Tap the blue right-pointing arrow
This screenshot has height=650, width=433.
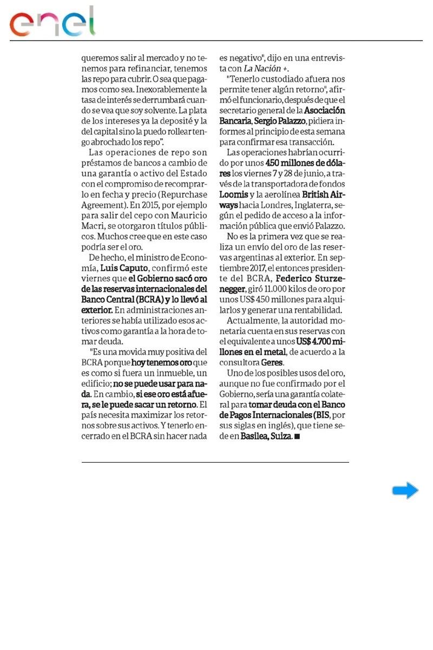pyautogui.click(x=405, y=491)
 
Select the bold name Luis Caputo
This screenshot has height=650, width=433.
pyautogui.click(x=124, y=268)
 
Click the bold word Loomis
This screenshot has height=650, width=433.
pyautogui.click(x=233, y=194)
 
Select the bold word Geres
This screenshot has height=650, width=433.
pyautogui.click(x=272, y=362)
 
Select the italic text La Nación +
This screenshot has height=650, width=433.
pyautogui.click(x=266, y=68)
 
